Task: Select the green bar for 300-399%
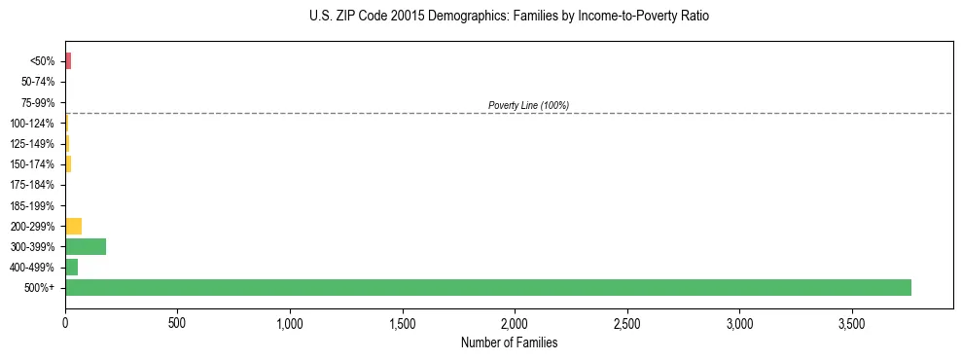pos(86,246)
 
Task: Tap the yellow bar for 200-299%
pos(73,226)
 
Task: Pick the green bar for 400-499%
pos(71,267)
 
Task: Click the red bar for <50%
pos(68,61)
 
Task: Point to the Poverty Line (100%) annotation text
pos(528,105)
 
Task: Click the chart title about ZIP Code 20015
pos(509,17)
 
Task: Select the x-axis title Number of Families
pos(509,342)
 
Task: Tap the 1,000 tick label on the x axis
pos(290,322)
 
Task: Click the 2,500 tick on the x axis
pos(627,322)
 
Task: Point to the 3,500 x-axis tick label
pos(852,322)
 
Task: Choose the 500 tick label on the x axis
pos(177,322)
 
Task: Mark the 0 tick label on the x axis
pos(65,322)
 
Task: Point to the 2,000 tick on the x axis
pos(515,322)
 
